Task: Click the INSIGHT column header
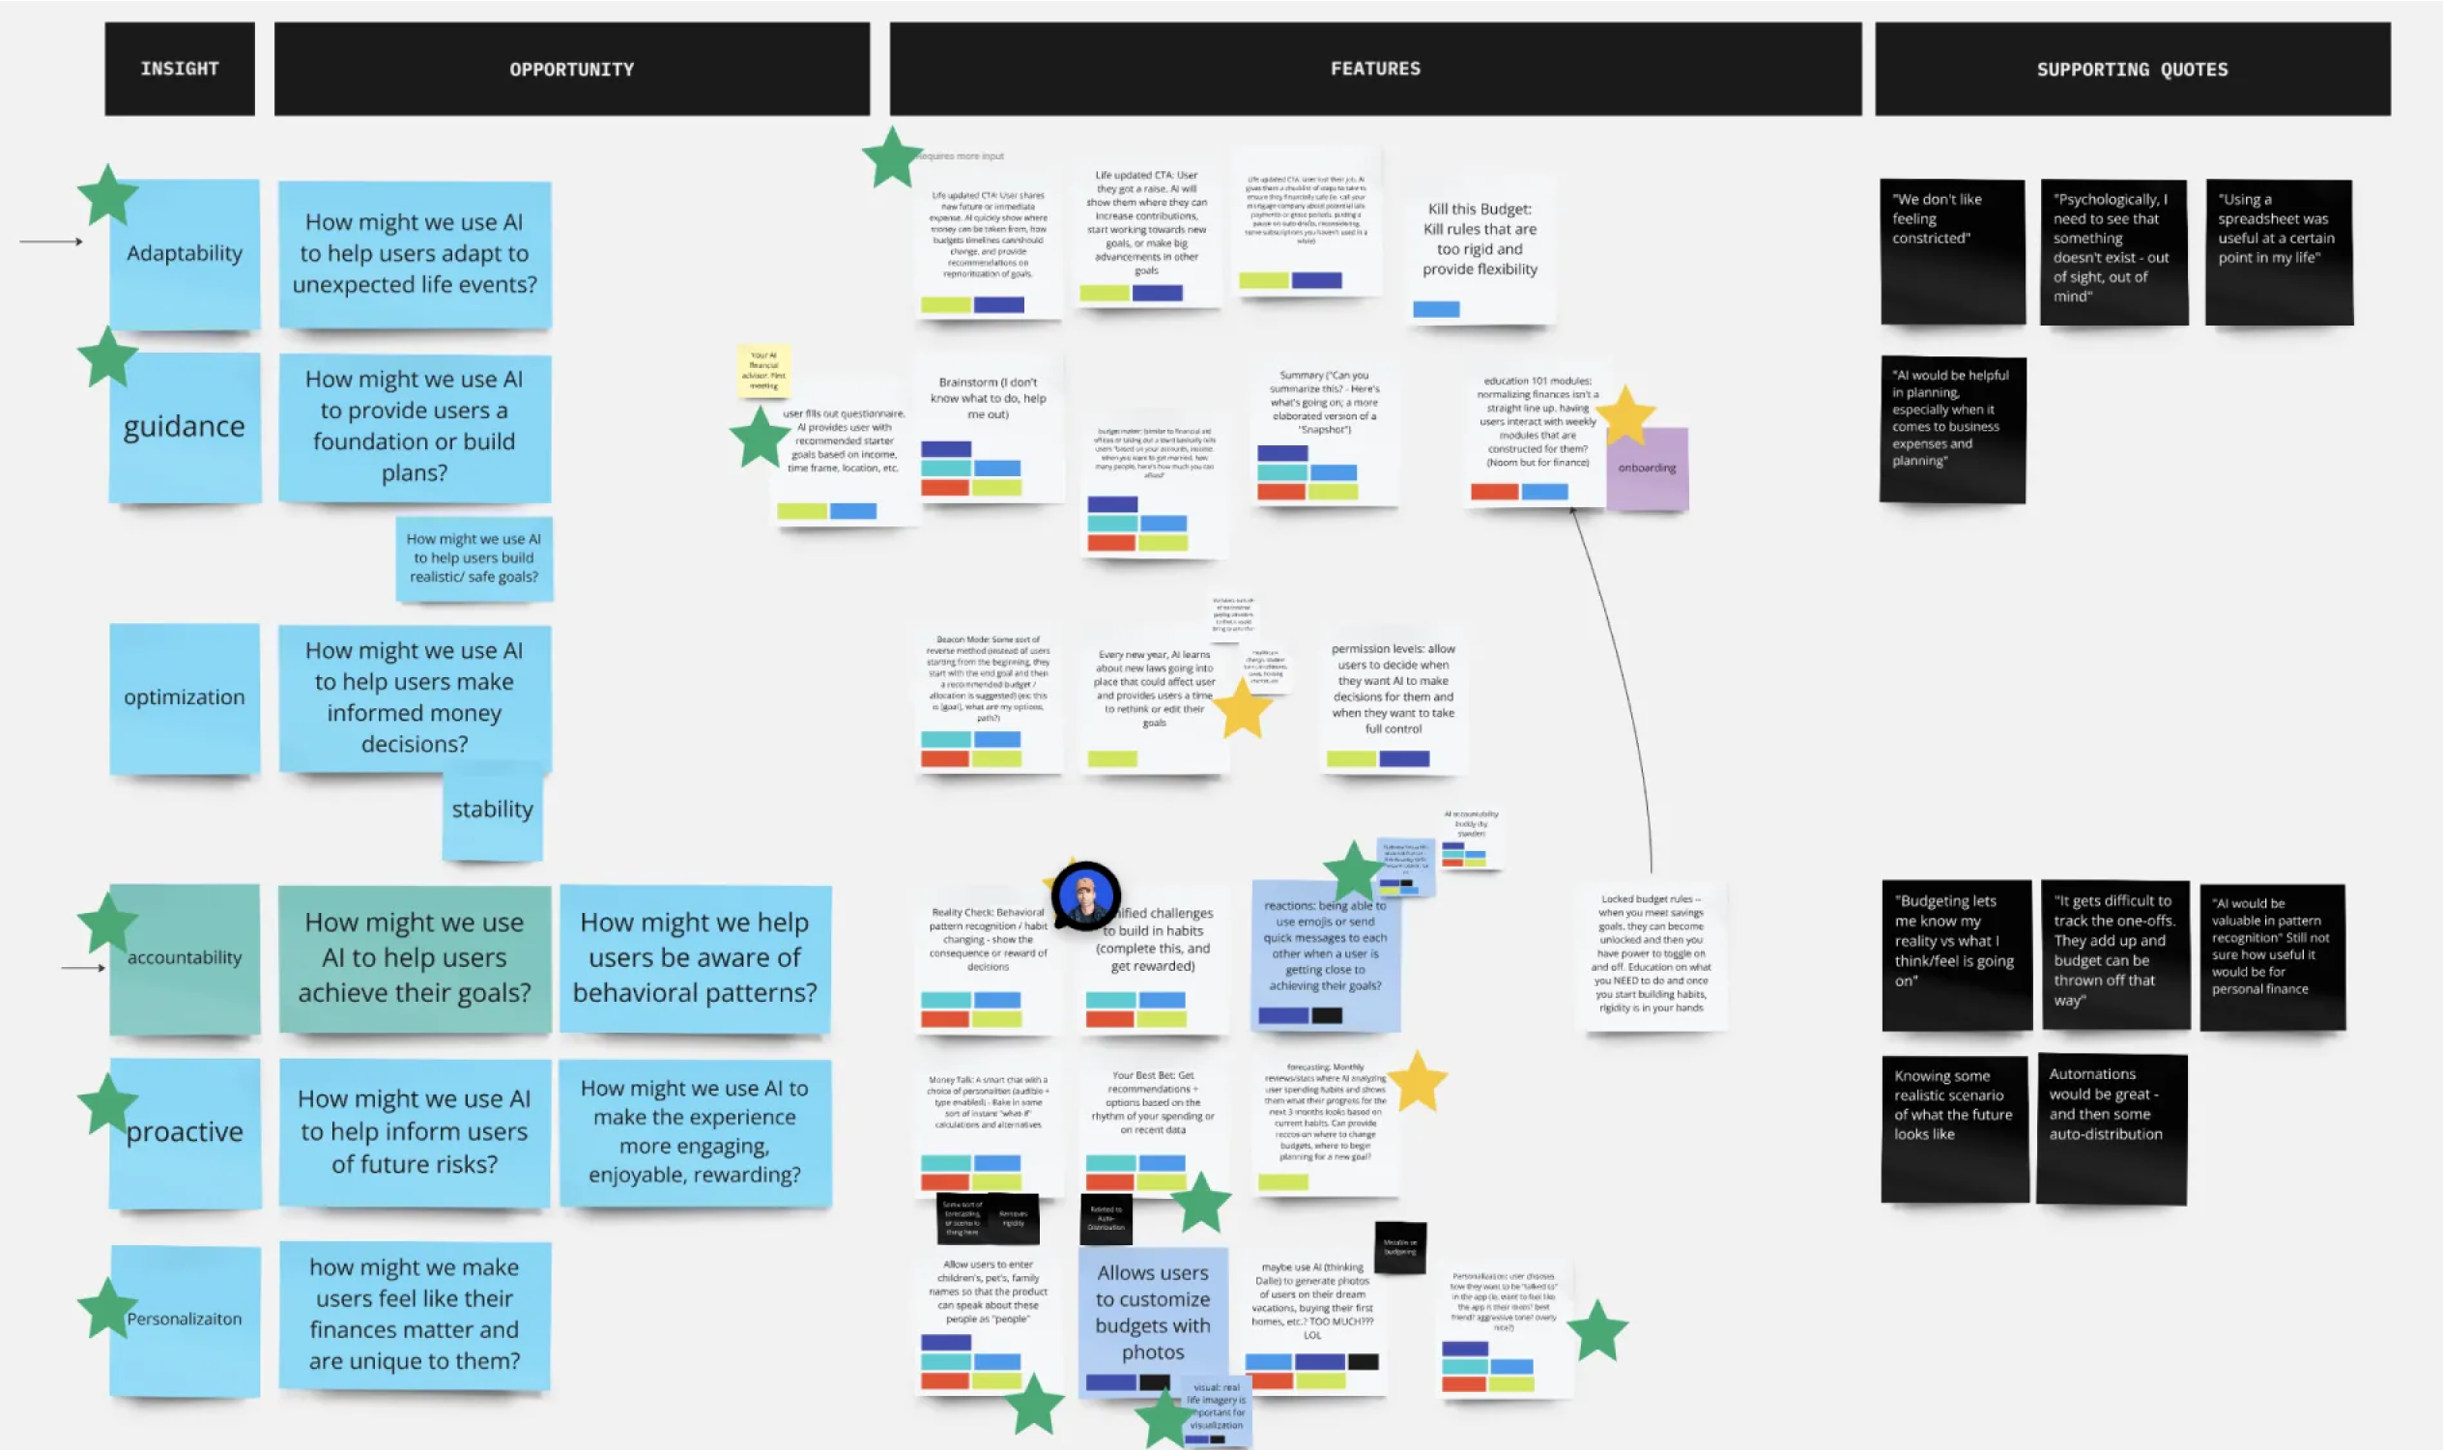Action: [x=180, y=70]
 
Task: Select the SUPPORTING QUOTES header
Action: [x=2131, y=70]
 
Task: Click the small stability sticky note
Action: [x=493, y=811]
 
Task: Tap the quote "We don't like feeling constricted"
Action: [x=1951, y=252]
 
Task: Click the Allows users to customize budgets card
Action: [x=1152, y=1314]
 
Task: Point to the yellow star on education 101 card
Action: [x=1626, y=414]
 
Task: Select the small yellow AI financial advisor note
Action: [x=763, y=370]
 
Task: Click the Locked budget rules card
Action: [x=1651, y=954]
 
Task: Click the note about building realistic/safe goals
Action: [x=474, y=558]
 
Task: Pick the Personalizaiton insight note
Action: [x=186, y=1320]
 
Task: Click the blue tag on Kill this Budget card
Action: [x=1435, y=310]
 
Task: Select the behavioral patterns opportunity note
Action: [x=695, y=957]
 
